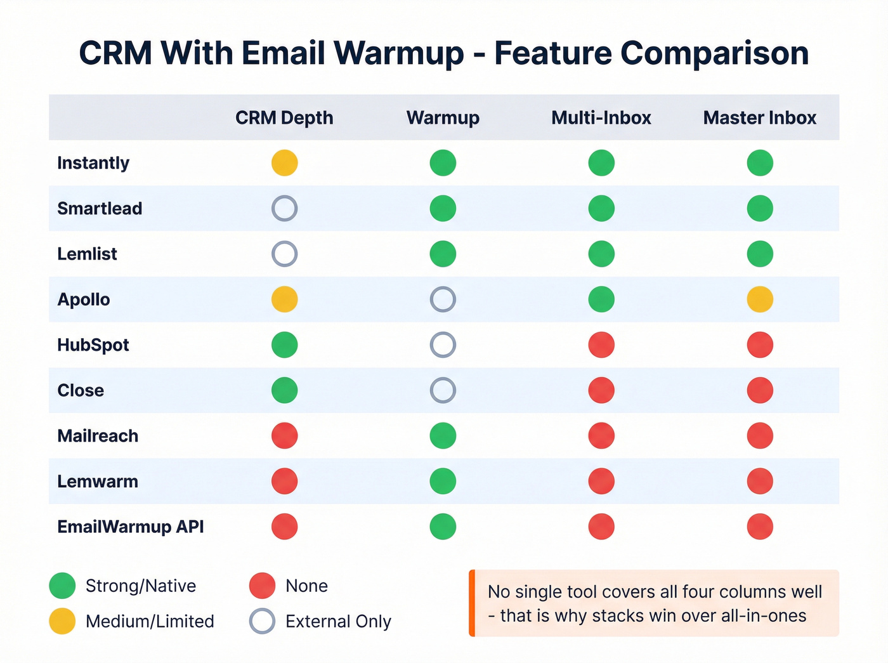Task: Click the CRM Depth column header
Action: (284, 118)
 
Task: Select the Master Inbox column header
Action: (759, 118)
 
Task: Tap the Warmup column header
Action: (443, 118)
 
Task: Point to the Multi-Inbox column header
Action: (601, 118)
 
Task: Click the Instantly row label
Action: (93, 163)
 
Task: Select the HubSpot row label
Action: (93, 345)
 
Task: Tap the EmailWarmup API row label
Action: (131, 527)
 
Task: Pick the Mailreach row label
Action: (98, 436)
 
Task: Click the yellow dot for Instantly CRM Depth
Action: (284, 163)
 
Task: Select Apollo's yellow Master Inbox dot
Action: (760, 299)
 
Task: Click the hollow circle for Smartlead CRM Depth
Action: (284, 208)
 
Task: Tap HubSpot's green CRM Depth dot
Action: (284, 345)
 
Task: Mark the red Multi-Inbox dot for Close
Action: (601, 390)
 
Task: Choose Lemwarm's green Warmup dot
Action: (443, 482)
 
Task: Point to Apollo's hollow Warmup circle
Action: (443, 299)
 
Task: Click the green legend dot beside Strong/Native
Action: (62, 586)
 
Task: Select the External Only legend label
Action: (338, 622)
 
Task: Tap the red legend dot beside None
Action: (262, 586)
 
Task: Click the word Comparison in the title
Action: (714, 53)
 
